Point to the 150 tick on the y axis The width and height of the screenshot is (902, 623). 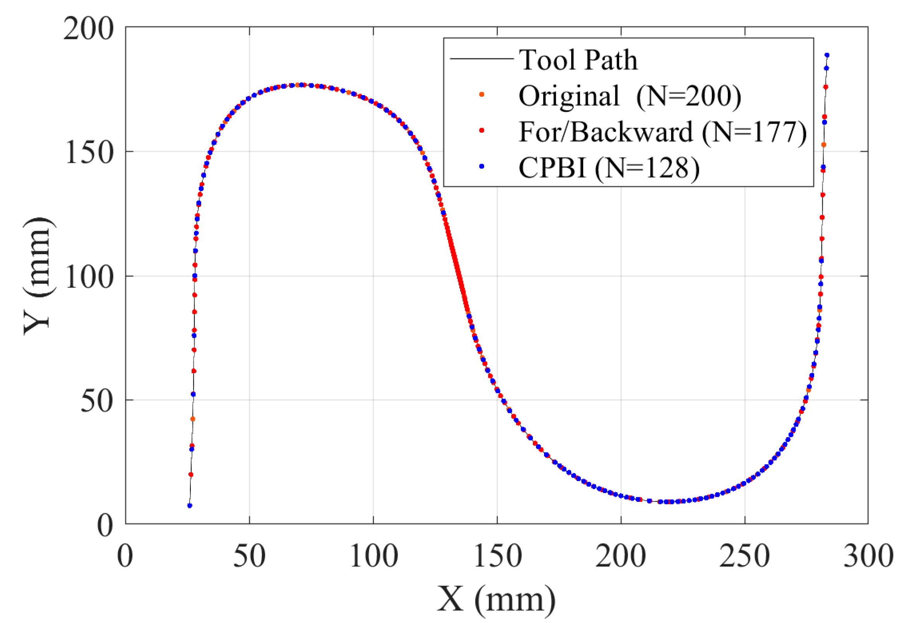pyautogui.click(x=89, y=152)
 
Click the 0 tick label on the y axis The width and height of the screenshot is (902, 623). pyautogui.click(x=105, y=526)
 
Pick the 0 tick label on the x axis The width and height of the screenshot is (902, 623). pyautogui.click(x=125, y=556)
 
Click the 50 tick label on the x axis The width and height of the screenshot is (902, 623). pyautogui.click(x=249, y=556)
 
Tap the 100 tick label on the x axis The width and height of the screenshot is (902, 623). pyautogui.click(x=373, y=556)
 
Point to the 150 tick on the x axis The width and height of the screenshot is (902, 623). pyautogui.click(x=497, y=556)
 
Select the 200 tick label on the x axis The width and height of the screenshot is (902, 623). pyautogui.click(x=621, y=556)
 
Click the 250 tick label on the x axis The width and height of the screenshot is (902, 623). pyautogui.click(x=745, y=556)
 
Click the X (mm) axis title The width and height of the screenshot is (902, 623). pyautogui.click(x=496, y=599)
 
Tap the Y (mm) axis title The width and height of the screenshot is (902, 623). pyautogui.click(x=37, y=276)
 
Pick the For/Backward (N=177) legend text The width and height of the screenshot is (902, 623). pyautogui.click(x=662, y=131)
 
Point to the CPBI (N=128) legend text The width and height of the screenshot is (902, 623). pyautogui.click(x=609, y=168)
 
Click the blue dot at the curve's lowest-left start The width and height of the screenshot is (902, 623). pyautogui.click(x=190, y=505)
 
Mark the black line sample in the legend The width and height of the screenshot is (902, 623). pyautogui.click(x=481, y=59)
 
